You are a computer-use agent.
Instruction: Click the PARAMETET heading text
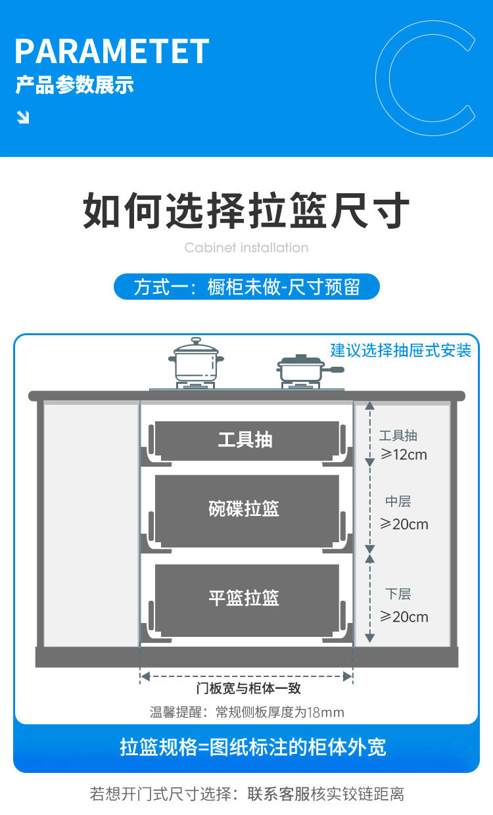(112, 51)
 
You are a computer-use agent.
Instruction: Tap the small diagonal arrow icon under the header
(23, 117)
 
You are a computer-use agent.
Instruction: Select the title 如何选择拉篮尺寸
(246, 210)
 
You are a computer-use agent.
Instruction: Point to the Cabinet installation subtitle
(246, 248)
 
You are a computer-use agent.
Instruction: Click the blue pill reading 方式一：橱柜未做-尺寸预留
(246, 287)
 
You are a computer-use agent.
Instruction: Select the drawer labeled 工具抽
(246, 440)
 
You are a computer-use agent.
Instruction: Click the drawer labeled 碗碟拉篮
(246, 509)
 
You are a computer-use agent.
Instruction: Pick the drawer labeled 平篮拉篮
(246, 599)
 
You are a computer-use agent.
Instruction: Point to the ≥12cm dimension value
(404, 454)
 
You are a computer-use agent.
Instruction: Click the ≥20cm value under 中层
(404, 524)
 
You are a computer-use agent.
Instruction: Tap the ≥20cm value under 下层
(404, 617)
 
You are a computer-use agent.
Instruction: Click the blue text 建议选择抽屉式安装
(401, 350)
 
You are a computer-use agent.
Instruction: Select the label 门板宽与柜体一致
(248, 689)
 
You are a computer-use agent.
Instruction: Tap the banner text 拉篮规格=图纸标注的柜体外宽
(253, 747)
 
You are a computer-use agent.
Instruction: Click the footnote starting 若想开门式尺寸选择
(246, 794)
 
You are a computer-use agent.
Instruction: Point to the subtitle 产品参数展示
(74, 85)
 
